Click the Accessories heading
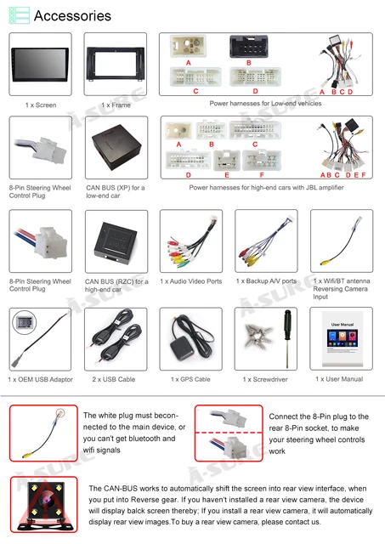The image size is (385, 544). [x=72, y=16]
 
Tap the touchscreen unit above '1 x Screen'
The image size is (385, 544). [x=40, y=65]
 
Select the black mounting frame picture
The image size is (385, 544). [x=116, y=64]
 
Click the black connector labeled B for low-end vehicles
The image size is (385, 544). [x=249, y=47]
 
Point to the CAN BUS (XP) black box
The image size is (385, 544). [x=116, y=147]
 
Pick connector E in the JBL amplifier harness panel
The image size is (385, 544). [x=227, y=161]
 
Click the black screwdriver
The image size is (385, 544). [x=287, y=338]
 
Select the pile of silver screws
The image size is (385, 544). [x=258, y=335]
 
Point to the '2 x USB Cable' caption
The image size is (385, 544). [x=114, y=379]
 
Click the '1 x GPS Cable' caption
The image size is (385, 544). [x=190, y=379]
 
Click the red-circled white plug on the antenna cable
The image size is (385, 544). [x=60, y=413]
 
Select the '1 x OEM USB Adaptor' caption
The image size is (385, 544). [x=40, y=379]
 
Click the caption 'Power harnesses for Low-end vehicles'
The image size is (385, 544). [x=265, y=104]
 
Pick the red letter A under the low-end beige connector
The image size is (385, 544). [x=189, y=63]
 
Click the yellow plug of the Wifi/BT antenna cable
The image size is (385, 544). [x=326, y=263]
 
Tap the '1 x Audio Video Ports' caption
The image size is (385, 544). [x=190, y=281]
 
